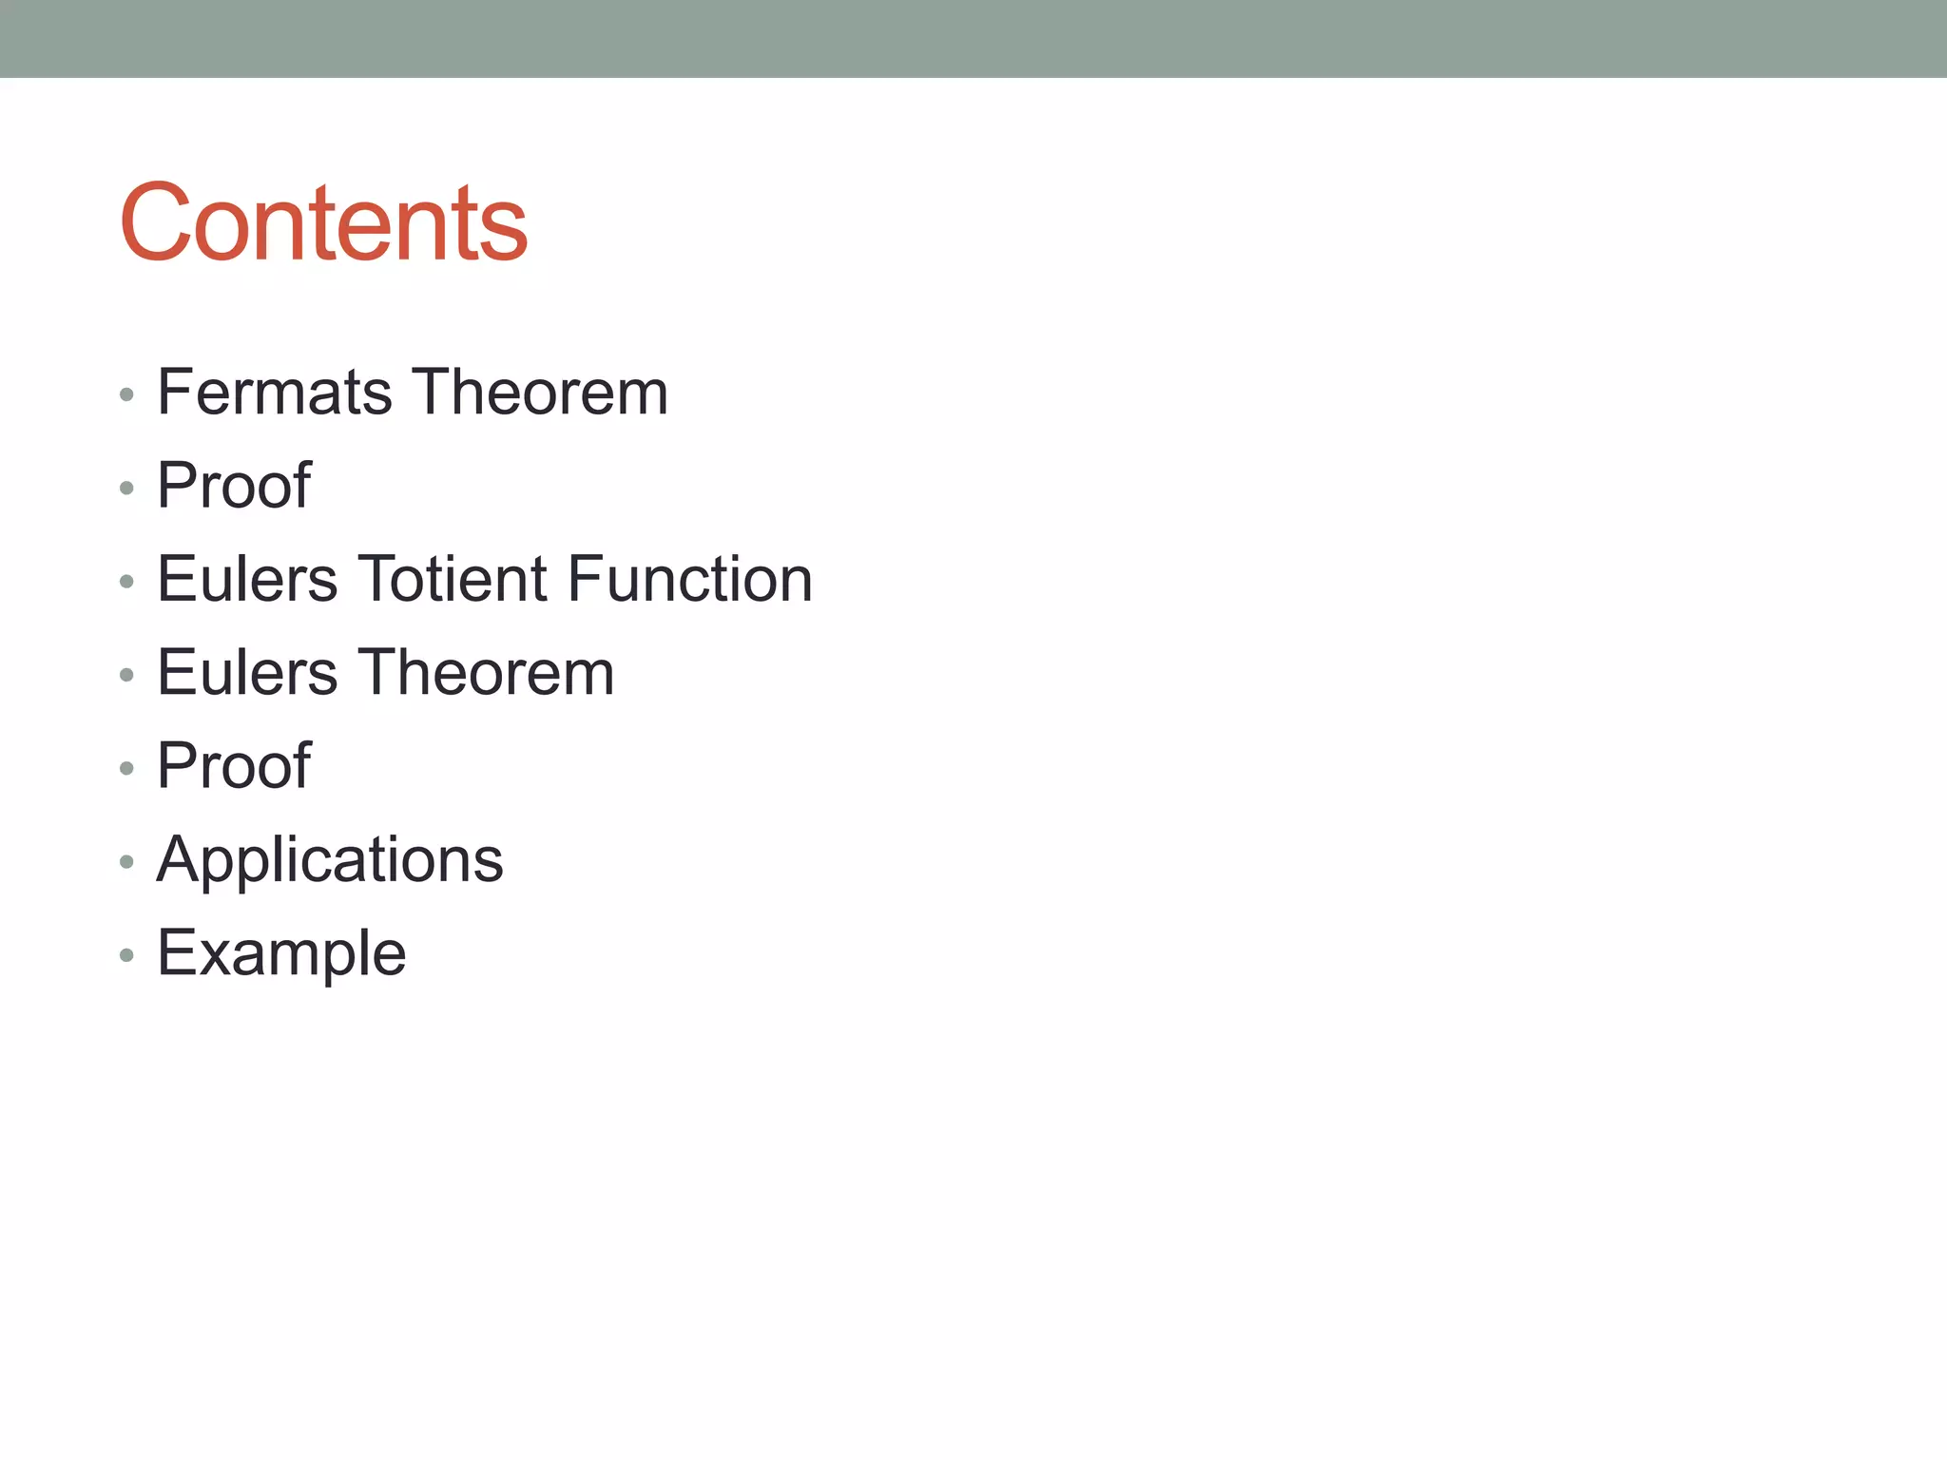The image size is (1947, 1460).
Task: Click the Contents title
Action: tap(323, 222)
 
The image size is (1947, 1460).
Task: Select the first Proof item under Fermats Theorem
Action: tap(234, 485)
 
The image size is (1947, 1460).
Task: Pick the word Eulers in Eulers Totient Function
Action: tap(247, 579)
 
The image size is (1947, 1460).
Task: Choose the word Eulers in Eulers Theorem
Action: tap(247, 672)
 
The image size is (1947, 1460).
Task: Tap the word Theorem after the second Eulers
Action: tap(486, 672)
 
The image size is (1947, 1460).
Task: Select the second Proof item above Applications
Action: tap(234, 765)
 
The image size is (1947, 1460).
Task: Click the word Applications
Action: tap(330, 860)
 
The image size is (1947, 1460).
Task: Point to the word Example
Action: tap(281, 953)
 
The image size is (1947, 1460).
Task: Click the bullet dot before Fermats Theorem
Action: tap(126, 394)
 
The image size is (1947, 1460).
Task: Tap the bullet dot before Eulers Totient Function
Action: tap(126, 582)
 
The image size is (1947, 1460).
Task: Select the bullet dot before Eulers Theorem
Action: tap(126, 675)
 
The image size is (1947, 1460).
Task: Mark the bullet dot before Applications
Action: tap(126, 862)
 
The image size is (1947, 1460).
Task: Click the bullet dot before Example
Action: tap(126, 955)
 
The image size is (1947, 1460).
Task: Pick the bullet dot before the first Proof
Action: tap(126, 489)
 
